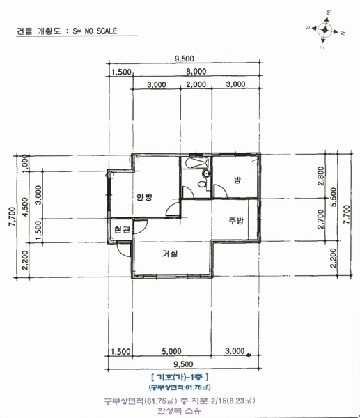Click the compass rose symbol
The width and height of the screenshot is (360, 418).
tap(325, 30)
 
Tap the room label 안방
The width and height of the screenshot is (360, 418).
tap(144, 197)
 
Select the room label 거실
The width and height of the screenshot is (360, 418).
tap(170, 254)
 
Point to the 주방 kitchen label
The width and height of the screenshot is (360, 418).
tap(236, 220)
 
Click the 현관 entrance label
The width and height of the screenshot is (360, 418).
tap(122, 229)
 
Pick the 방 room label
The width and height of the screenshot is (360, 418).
tap(237, 180)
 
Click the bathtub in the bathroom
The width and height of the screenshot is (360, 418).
tap(196, 163)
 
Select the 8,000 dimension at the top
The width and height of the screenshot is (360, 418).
tap(196, 72)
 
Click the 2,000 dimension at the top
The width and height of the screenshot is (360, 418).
tap(196, 84)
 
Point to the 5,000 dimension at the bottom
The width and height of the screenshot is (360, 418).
tap(171, 351)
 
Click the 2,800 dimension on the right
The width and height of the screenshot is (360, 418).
tap(322, 176)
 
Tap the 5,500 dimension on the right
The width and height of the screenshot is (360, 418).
tap(334, 197)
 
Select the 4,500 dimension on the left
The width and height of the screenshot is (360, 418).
tap(25, 207)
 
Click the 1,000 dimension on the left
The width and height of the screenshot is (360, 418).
tap(25, 164)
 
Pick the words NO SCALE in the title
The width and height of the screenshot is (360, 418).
tap(101, 31)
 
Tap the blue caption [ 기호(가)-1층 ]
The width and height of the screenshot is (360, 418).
tap(180, 378)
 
